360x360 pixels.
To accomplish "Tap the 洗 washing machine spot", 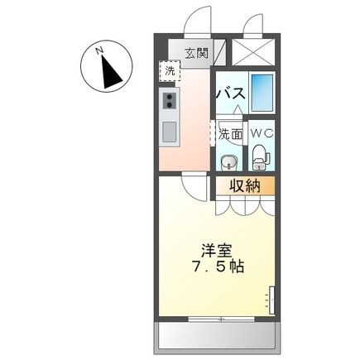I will pyautogui.click(x=170, y=71).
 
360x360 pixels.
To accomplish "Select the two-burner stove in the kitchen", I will pyautogui.click(x=170, y=101).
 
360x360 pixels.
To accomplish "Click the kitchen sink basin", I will pyautogui.click(x=170, y=131).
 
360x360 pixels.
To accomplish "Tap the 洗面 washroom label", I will pyautogui.click(x=230, y=132).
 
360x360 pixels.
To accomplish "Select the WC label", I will pyautogui.click(x=261, y=132).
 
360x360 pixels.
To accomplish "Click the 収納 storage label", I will pyautogui.click(x=246, y=185).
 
